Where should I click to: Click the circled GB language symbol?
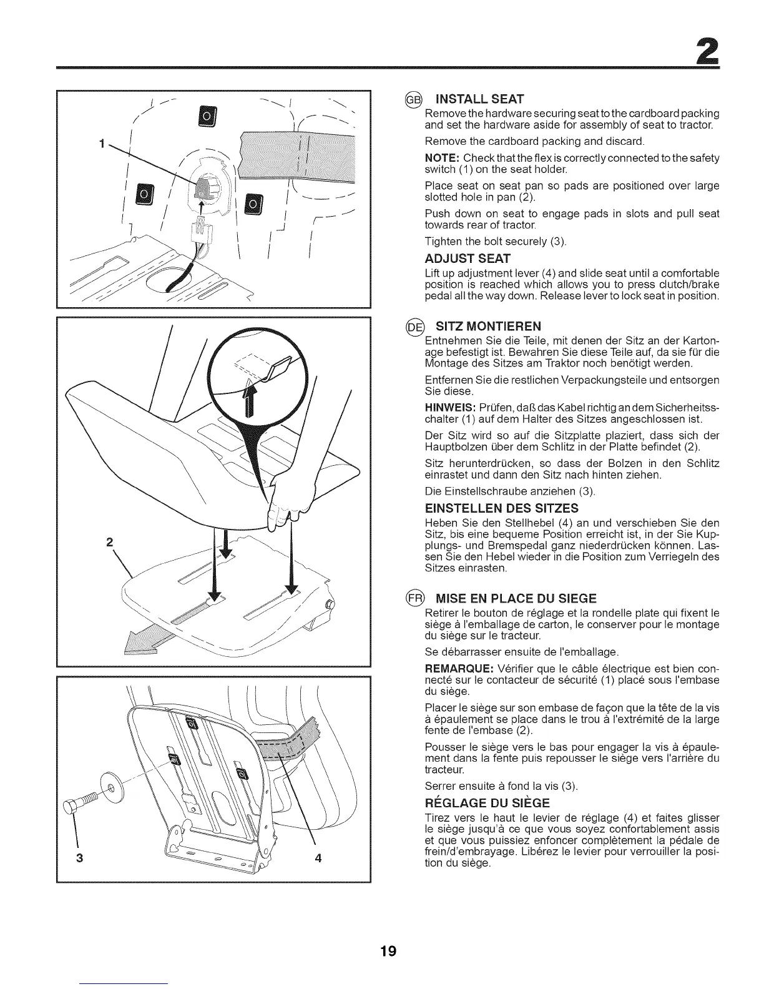414,99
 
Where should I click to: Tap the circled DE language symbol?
414,326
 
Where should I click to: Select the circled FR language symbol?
414,598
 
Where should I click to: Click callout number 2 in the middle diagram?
109,542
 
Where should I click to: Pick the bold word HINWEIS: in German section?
445,407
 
